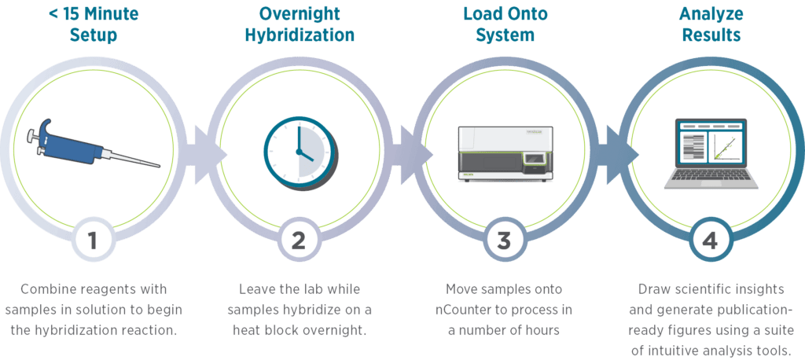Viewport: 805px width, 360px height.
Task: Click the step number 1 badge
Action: pos(93,241)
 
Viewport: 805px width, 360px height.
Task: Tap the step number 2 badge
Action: pos(299,241)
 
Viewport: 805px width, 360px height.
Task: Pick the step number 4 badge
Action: pos(711,241)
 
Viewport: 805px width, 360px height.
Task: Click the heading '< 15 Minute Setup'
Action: pos(93,23)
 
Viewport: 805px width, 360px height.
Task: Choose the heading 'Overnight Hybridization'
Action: pos(299,23)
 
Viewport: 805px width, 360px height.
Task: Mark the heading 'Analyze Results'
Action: pos(711,23)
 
